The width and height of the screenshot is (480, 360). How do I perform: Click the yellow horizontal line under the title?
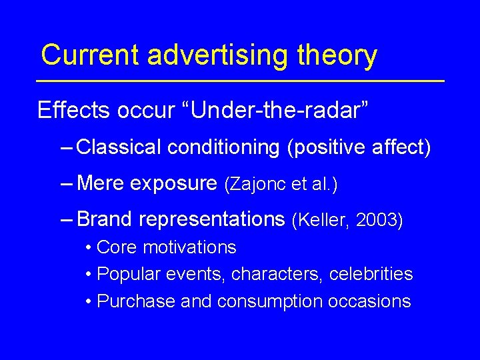(x=240, y=81)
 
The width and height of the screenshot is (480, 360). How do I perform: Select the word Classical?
(x=119, y=147)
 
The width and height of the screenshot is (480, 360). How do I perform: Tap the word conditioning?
(x=224, y=147)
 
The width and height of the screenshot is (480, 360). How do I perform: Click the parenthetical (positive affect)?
(x=359, y=147)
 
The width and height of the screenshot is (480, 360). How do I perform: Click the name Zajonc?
(x=261, y=184)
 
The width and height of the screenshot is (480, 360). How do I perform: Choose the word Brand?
(x=103, y=219)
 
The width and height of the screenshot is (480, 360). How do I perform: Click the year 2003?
(x=379, y=220)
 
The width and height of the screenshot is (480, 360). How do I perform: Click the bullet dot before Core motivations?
(x=89, y=248)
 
